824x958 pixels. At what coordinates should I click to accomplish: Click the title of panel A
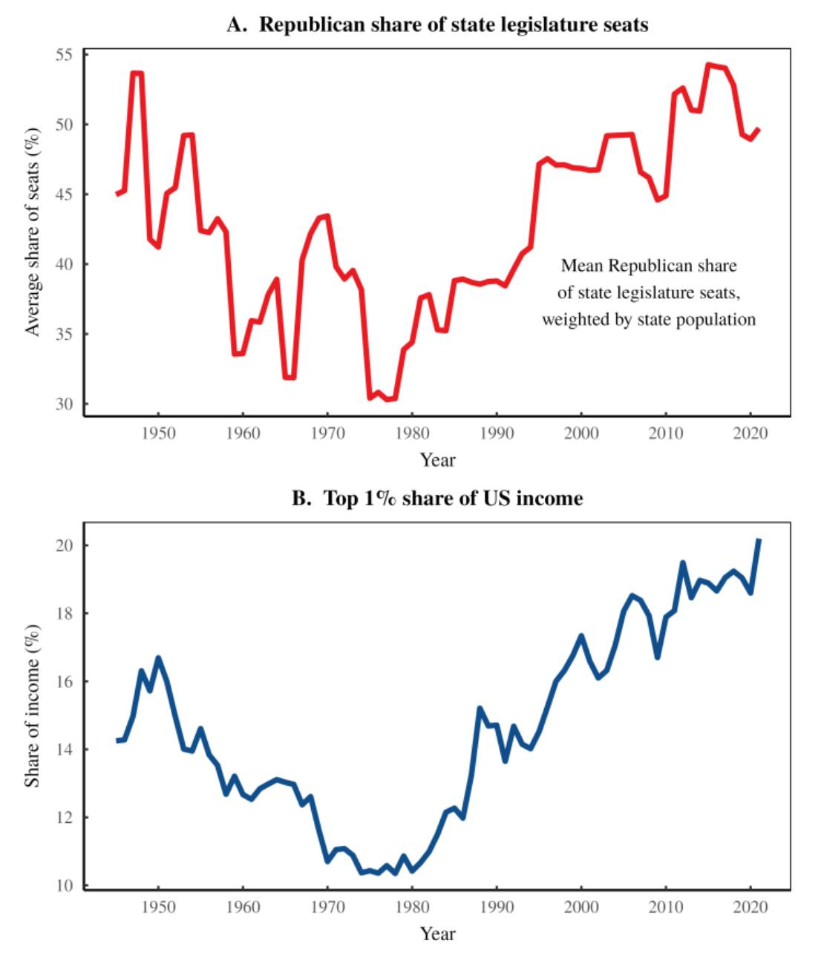(437, 24)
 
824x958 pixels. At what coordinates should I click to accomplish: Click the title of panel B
(437, 498)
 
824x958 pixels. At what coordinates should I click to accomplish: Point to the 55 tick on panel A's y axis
(64, 55)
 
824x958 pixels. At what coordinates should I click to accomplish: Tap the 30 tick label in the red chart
(64, 404)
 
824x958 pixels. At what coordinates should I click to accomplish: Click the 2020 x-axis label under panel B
(750, 907)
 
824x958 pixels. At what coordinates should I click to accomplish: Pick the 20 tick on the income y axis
(64, 545)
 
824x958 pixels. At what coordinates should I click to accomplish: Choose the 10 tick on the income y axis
(64, 885)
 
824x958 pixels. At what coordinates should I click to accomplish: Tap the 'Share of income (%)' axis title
(32, 705)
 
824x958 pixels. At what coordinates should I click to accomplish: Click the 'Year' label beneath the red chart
(437, 460)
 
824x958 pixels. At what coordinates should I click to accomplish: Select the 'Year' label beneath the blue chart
(437, 934)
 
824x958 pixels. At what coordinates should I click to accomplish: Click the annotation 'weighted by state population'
(648, 320)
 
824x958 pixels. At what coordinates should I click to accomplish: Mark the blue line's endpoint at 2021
(758, 540)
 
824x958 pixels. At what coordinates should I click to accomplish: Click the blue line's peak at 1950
(158, 658)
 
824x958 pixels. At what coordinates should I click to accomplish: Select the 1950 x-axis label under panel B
(158, 907)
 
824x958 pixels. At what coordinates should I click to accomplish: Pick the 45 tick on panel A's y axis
(64, 194)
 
